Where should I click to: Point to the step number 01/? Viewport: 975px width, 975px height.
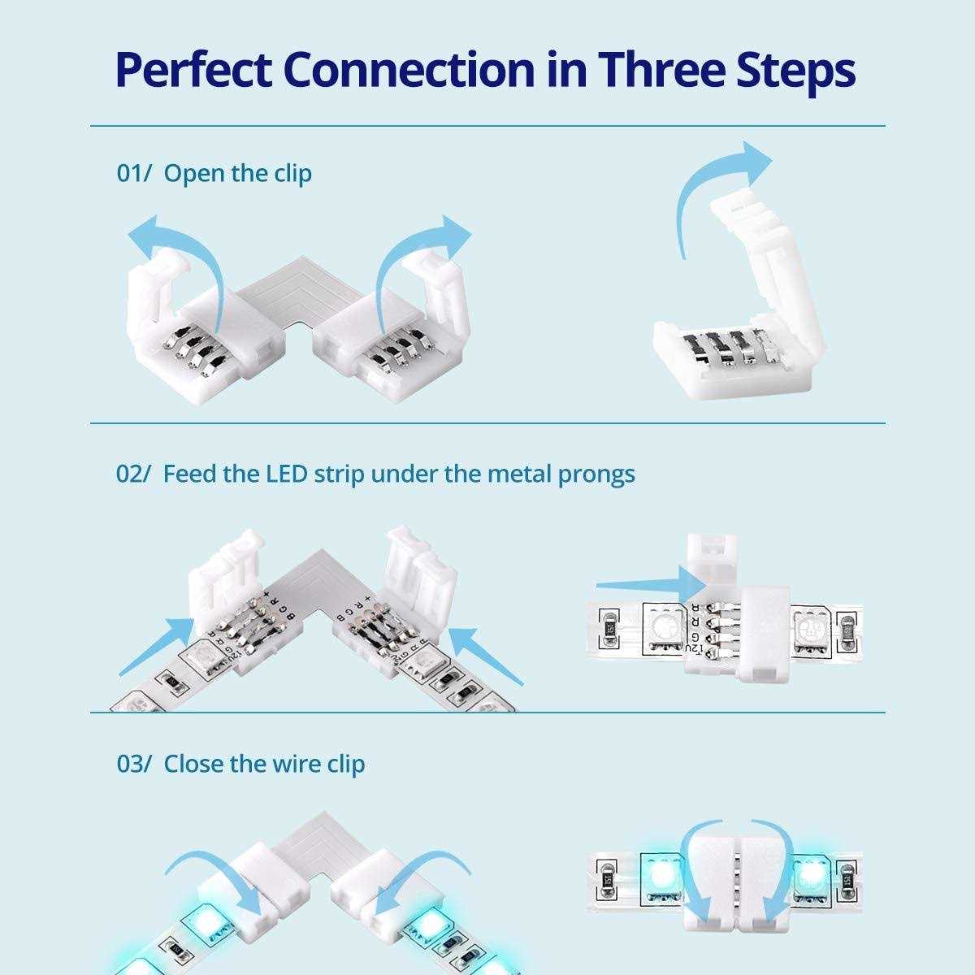(x=134, y=174)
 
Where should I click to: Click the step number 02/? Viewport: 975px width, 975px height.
(x=134, y=474)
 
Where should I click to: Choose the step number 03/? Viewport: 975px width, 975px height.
(x=134, y=765)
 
